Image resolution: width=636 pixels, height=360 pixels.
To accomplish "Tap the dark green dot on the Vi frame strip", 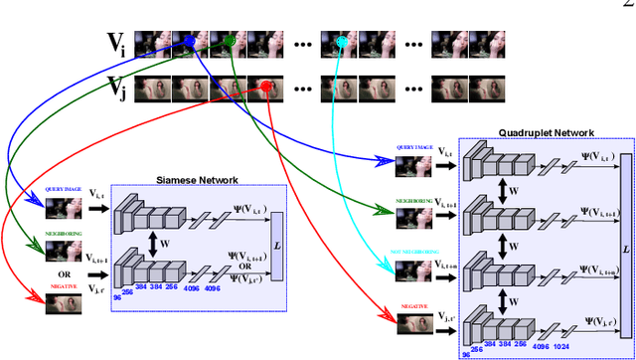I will tap(230, 41).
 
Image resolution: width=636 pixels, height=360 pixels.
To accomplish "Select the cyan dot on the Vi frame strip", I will tap(341, 42).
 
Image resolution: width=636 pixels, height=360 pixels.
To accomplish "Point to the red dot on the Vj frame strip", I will tap(267, 88).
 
